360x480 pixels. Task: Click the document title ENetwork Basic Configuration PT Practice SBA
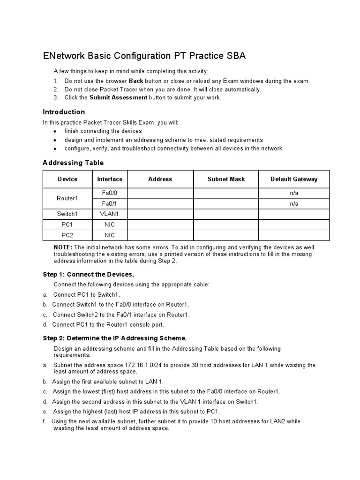pyautogui.click(x=144, y=56)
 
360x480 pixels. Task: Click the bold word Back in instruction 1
pyautogui.click(x=136, y=81)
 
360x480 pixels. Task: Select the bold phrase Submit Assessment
pyautogui.click(x=118, y=97)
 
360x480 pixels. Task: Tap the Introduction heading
pyautogui.click(x=64, y=112)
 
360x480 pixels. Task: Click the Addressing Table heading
pyautogui.click(x=73, y=163)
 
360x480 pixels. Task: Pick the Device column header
pyautogui.click(x=67, y=179)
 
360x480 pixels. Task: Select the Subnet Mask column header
pyautogui.click(x=226, y=179)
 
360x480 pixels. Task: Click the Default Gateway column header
pyautogui.click(x=294, y=179)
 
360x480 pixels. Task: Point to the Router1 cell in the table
pyautogui.click(x=67, y=198)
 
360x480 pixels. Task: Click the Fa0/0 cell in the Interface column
pyautogui.click(x=110, y=193)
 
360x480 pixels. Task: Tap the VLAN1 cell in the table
pyautogui.click(x=110, y=214)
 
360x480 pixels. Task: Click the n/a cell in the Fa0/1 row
pyautogui.click(x=294, y=204)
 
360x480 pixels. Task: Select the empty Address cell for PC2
pyautogui.click(x=160, y=235)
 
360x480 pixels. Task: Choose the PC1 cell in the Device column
pyautogui.click(x=67, y=225)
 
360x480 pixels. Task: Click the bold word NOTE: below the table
pyautogui.click(x=63, y=247)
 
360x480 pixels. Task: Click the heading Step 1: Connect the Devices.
pyautogui.click(x=89, y=274)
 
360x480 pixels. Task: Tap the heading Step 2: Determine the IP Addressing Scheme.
pyautogui.click(x=115, y=338)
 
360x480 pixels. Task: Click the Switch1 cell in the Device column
pyautogui.click(x=67, y=214)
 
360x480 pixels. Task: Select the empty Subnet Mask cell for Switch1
pyautogui.click(x=226, y=214)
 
